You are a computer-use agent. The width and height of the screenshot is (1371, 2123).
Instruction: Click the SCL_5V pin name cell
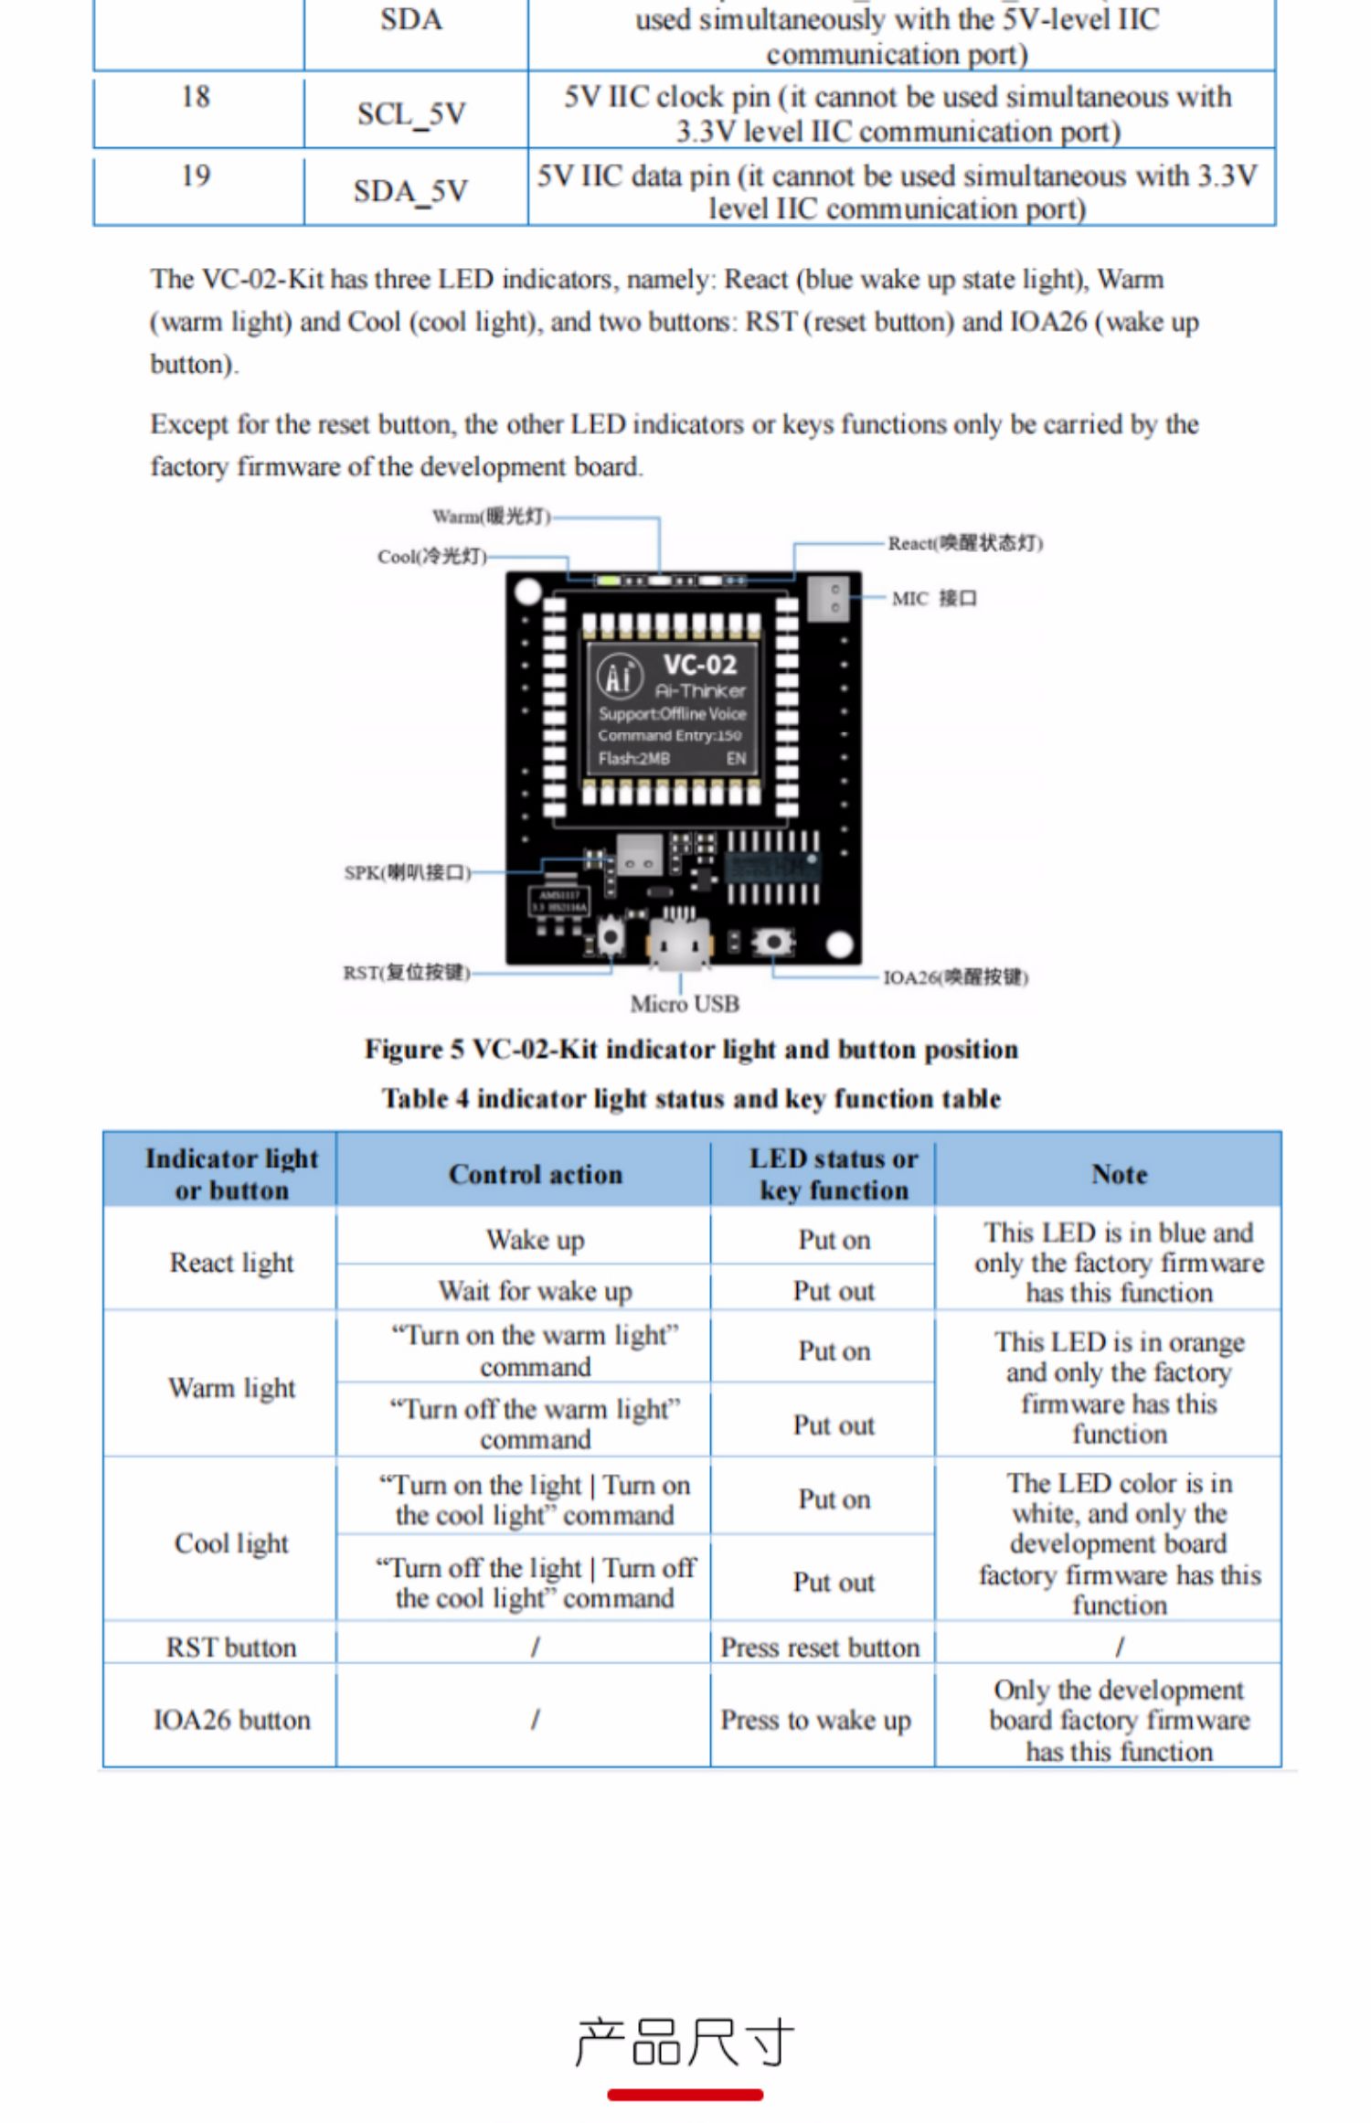412,114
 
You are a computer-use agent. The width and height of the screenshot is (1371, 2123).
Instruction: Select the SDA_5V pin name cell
411,191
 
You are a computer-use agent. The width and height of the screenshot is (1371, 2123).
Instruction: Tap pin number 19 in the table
196,175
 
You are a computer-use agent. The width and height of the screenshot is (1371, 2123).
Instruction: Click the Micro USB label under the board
685,1004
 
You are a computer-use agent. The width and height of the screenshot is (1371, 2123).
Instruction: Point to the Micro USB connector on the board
678,943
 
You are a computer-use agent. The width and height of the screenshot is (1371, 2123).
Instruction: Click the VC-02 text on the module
700,664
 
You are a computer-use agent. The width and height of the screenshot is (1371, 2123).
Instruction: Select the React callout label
965,543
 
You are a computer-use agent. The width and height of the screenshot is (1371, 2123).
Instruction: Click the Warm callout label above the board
492,517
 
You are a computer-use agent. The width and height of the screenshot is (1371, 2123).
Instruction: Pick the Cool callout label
432,556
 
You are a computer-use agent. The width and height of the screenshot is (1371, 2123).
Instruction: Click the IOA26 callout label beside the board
955,977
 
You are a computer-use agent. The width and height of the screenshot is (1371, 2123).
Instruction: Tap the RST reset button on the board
611,936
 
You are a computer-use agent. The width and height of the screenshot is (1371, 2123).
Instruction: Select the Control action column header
536,1174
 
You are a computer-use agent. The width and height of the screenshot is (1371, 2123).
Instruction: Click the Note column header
1120,1174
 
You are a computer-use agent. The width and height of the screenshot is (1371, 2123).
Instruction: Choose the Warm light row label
232,1388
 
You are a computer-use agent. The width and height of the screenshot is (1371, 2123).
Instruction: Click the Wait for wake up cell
536,1290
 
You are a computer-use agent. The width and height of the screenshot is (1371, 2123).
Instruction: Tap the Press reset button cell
820,1647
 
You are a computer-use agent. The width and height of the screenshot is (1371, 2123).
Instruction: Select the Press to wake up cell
816,1720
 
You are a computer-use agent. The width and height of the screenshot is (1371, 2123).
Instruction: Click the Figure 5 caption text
691,1049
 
